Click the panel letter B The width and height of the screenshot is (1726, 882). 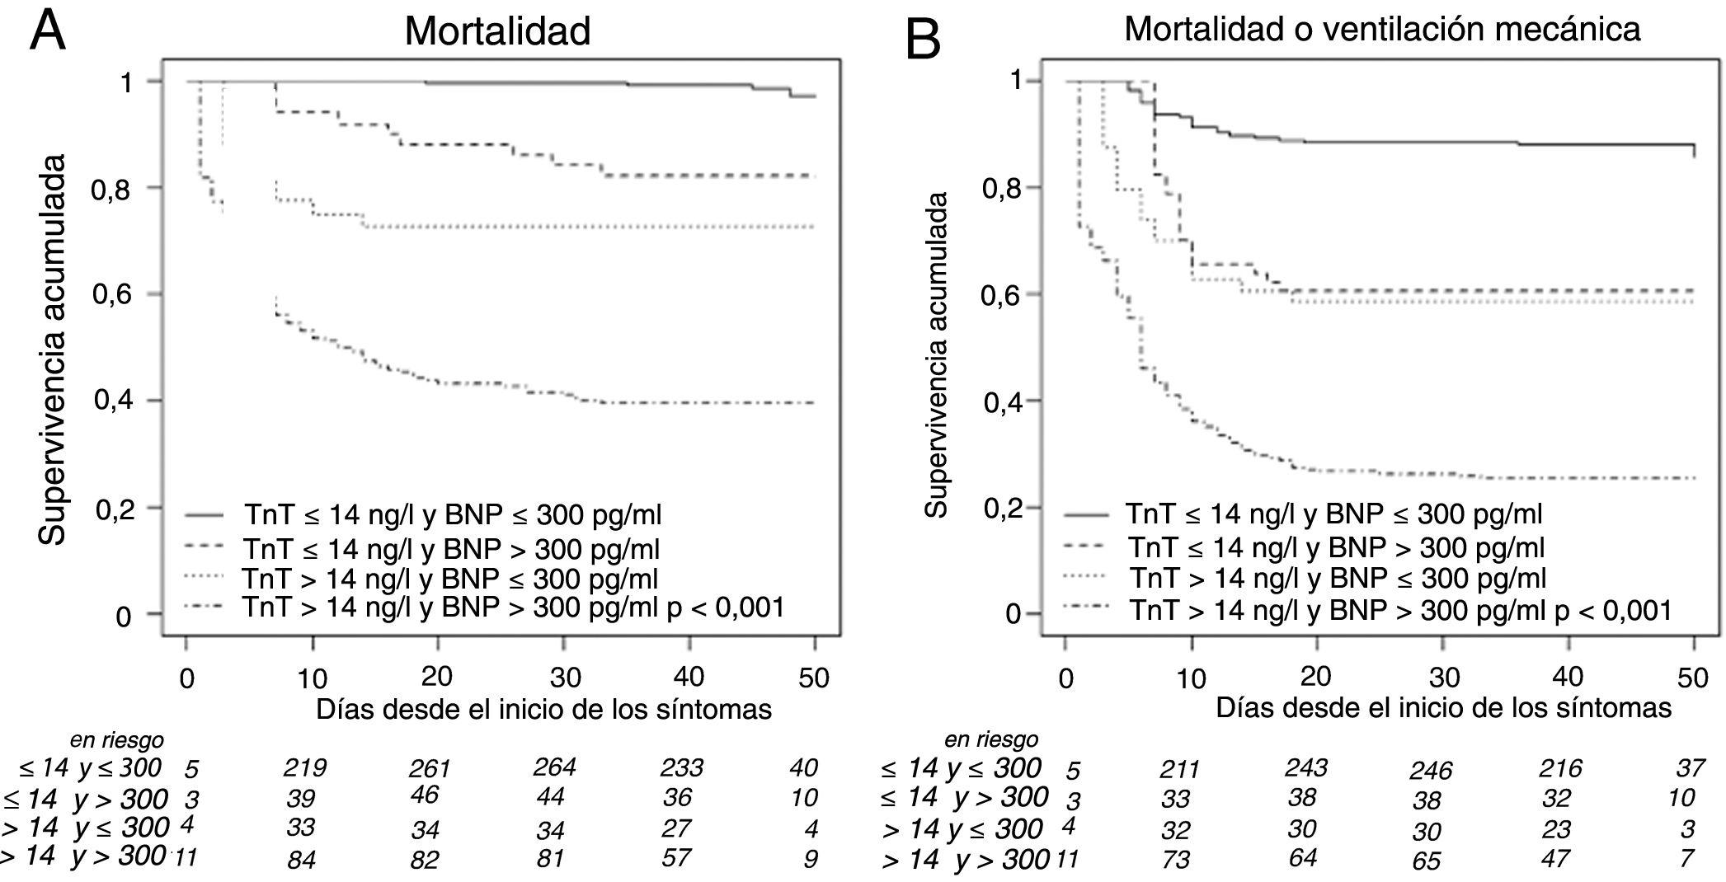923,39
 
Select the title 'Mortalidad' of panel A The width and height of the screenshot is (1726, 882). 497,31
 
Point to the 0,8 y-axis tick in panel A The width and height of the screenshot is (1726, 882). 115,189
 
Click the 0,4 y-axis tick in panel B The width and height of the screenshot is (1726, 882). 1003,402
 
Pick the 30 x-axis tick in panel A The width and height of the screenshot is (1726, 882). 566,678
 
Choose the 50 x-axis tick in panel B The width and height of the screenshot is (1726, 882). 1692,678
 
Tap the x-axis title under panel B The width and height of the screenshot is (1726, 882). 1443,708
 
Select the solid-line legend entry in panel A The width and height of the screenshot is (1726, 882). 453,515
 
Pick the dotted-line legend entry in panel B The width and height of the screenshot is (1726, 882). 1336,578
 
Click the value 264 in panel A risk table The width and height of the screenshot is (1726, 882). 554,767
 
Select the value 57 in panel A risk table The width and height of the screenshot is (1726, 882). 676,857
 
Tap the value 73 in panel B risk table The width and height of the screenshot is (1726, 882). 1175,859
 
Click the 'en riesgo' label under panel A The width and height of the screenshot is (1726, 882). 116,739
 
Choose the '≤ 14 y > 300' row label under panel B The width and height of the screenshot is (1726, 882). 964,797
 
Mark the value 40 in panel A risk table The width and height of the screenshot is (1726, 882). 803,767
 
